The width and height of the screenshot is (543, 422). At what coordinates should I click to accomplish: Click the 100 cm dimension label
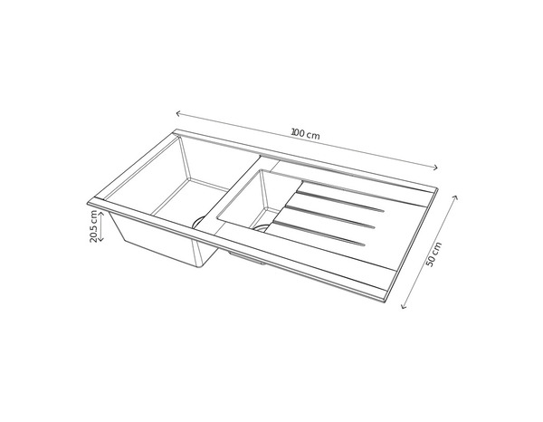click(306, 134)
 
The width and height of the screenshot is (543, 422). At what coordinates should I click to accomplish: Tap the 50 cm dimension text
click(435, 254)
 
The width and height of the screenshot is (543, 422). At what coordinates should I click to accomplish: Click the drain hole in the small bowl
click(262, 226)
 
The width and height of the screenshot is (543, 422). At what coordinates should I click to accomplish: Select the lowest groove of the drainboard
click(317, 234)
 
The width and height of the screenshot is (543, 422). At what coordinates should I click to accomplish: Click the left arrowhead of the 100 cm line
click(178, 114)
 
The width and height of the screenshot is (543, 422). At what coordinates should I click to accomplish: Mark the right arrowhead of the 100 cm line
click(437, 167)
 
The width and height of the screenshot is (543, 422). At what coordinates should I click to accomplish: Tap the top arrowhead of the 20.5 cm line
click(100, 211)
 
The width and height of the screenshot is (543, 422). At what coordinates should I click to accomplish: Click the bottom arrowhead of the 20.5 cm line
click(100, 241)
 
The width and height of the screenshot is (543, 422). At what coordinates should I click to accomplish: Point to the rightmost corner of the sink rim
click(440, 191)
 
